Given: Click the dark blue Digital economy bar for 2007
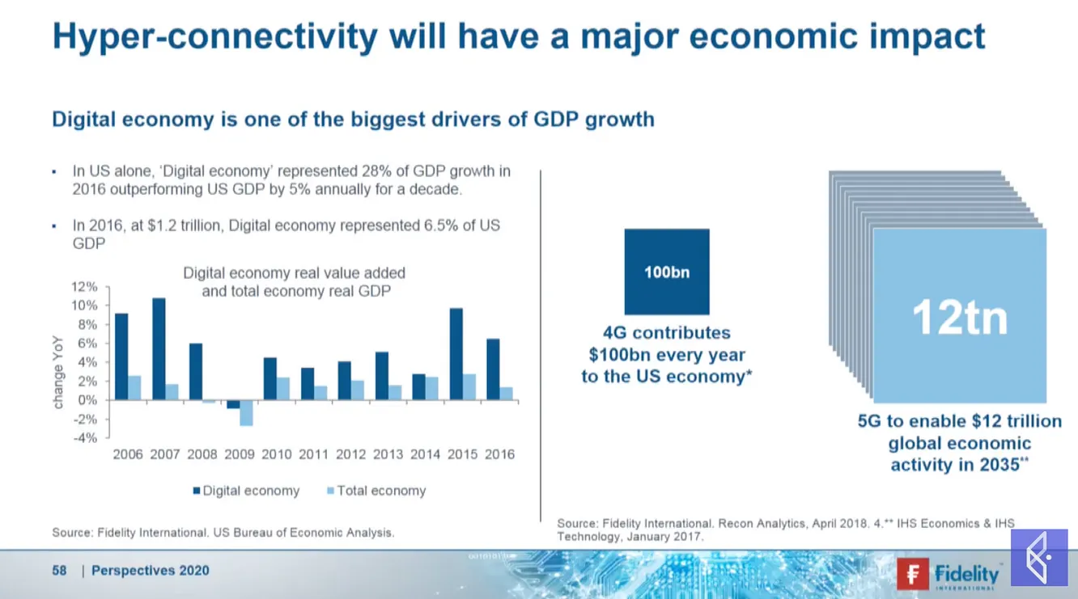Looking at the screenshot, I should point(159,349).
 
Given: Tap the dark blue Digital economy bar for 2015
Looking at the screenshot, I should point(456,354).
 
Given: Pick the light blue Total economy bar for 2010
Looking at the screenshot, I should point(283,389).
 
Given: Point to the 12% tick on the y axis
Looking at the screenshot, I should point(85,287).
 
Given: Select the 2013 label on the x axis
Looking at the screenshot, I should point(388,454).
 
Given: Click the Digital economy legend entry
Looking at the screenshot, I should point(246,491).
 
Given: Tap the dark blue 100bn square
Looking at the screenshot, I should point(667,272).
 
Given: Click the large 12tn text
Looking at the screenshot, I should point(960,318).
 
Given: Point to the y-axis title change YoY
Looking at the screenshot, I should point(58,373).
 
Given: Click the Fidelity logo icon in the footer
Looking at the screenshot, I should point(913,573).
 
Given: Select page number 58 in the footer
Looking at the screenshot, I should point(59,571).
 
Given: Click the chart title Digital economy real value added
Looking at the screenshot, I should point(295,273).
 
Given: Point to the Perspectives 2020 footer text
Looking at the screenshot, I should point(150,571).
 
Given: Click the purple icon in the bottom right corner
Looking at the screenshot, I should point(1039,558).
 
